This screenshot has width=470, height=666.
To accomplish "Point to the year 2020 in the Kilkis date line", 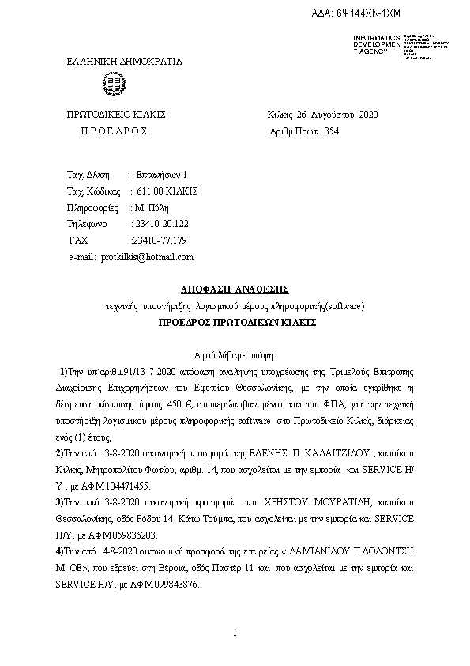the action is point(368,115).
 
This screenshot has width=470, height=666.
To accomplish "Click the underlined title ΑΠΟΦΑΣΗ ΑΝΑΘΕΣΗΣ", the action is point(235,289).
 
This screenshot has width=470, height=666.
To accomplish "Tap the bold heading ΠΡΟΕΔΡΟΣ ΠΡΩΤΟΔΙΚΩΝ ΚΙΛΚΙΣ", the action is point(235,324).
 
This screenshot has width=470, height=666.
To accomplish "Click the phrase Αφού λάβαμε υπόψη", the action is point(235,356).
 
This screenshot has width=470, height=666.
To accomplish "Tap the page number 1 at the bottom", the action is point(235,633).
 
